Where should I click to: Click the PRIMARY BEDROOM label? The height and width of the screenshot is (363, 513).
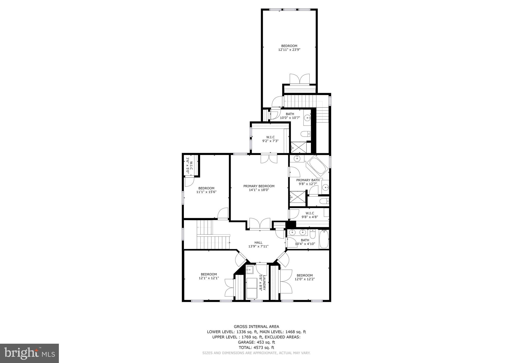[259, 186]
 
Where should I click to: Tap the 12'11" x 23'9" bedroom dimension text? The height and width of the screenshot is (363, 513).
[289, 50]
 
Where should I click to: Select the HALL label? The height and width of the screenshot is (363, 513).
[258, 242]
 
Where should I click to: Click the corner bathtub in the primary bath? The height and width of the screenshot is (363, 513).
[317, 166]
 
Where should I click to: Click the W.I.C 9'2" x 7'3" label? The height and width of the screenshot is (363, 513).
[270, 139]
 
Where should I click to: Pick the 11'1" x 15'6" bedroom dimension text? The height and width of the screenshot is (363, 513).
[206, 192]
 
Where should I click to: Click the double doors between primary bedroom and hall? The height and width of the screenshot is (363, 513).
[260, 224]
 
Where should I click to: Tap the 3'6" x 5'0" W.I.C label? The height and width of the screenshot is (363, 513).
[189, 165]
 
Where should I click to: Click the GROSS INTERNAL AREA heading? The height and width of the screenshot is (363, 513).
[256, 326]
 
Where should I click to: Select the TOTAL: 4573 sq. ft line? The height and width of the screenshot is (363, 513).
[256, 347]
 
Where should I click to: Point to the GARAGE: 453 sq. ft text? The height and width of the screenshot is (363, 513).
[256, 342]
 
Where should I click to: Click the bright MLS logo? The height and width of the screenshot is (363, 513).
[30, 353]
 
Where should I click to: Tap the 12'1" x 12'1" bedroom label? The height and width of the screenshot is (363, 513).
[209, 276]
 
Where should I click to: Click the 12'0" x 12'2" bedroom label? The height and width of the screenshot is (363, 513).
[305, 277]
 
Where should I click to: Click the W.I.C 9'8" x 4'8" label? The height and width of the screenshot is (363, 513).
[310, 215]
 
